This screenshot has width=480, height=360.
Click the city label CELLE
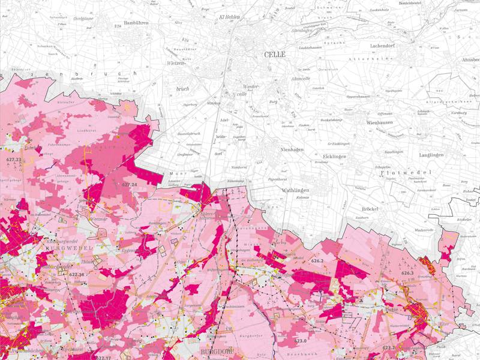pos(275,55)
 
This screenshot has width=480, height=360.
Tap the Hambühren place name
pos(136,23)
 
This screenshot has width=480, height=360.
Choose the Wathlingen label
pos(295,190)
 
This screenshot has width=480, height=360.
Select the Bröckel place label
pos(372,209)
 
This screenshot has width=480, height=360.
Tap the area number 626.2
pos(317,261)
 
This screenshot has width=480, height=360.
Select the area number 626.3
pos(407,273)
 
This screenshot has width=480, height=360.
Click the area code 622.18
pos(77,274)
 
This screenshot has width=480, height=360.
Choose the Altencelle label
pos(300,79)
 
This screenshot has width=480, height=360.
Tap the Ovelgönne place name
pos(68,18)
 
